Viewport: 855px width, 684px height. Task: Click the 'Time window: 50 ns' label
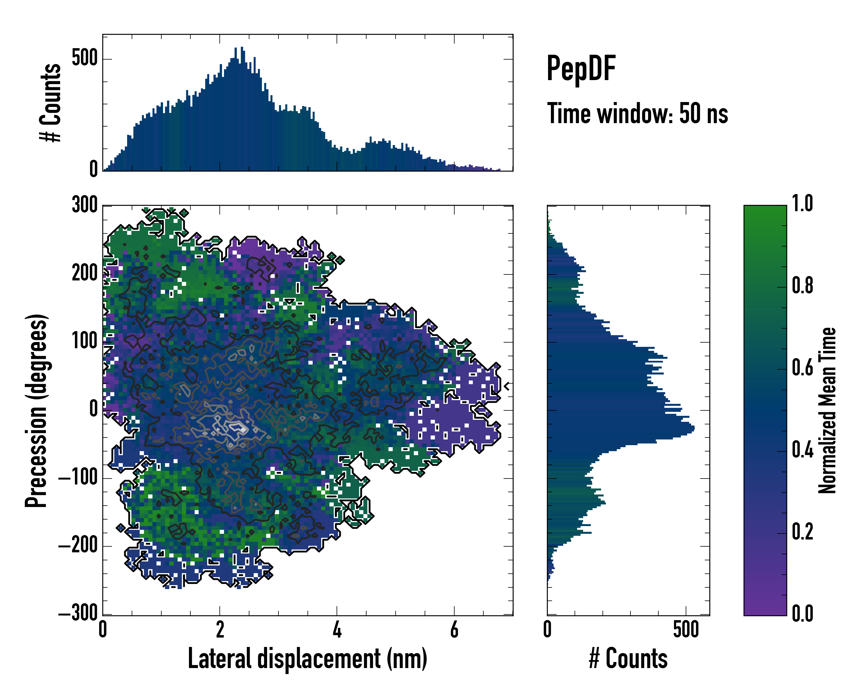[637, 114]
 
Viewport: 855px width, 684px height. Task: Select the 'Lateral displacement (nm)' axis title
[307, 659]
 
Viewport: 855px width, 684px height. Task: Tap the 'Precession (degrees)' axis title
[36, 410]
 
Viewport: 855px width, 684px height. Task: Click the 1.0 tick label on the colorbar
[802, 204]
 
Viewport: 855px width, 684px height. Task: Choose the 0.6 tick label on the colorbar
[802, 368]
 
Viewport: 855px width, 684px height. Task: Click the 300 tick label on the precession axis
[84, 205]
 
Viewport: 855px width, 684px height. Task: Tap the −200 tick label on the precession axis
[78, 546]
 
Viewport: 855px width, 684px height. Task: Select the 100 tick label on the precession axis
[84, 341]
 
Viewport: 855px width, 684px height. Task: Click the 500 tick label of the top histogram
[84, 59]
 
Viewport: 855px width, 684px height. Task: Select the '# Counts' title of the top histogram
[50, 103]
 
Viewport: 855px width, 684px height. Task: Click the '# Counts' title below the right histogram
[628, 659]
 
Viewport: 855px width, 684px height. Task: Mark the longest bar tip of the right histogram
[694, 429]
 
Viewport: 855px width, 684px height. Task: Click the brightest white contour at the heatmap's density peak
[243, 429]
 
